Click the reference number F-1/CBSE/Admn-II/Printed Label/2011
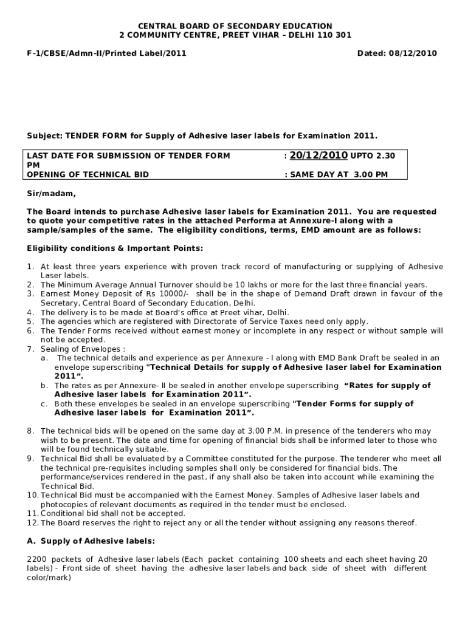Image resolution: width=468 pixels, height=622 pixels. pyautogui.click(x=106, y=53)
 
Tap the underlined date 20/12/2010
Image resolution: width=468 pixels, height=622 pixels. pyautogui.click(x=318, y=155)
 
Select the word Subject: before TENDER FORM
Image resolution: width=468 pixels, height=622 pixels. pyautogui.click(x=45, y=135)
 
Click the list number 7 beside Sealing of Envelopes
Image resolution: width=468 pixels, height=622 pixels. pyautogui.click(x=30, y=349)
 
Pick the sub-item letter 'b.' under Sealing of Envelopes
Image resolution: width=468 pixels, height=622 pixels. pyautogui.click(x=44, y=386)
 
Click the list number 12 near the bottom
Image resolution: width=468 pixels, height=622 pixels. pyautogui.click(x=32, y=523)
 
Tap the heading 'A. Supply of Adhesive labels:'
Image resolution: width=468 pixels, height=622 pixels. pyautogui.click(x=91, y=541)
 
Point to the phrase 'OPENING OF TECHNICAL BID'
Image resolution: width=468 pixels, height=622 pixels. pyautogui.click(x=88, y=174)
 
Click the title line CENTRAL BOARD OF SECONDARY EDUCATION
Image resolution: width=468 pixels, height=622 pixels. pyautogui.click(x=235, y=26)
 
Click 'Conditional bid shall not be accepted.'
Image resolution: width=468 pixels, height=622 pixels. pyautogui.click(x=112, y=514)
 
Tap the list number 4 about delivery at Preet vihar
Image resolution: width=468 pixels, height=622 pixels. pyautogui.click(x=30, y=312)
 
